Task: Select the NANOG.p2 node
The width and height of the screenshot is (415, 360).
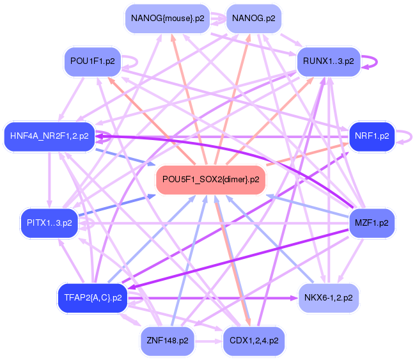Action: coord(254,18)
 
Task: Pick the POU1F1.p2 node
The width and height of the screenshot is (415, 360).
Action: coord(93,61)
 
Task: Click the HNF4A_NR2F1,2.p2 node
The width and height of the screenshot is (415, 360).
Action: coord(49,136)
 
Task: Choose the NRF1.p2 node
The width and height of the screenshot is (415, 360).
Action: coord(371,136)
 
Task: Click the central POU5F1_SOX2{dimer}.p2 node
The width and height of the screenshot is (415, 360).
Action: coord(210,179)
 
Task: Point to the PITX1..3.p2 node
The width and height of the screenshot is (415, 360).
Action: coord(49,223)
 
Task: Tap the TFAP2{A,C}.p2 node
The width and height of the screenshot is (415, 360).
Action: coord(93,297)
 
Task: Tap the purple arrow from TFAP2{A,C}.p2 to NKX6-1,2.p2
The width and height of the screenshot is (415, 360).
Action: coord(211,297)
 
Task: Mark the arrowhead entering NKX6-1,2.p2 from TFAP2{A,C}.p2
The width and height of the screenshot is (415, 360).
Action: coord(294,297)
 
